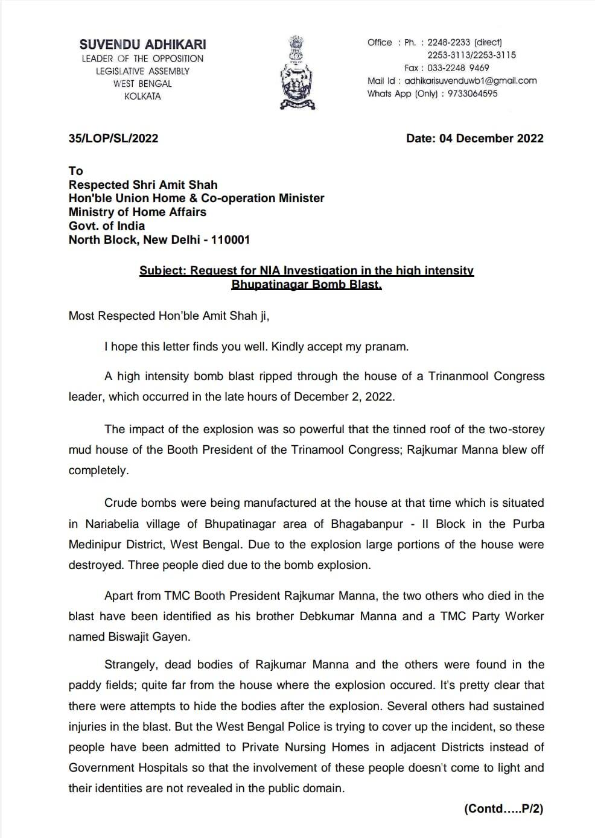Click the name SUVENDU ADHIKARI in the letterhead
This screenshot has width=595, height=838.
pyautogui.click(x=142, y=44)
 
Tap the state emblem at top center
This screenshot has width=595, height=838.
pyautogui.click(x=297, y=72)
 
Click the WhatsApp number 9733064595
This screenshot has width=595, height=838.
pyautogui.click(x=472, y=94)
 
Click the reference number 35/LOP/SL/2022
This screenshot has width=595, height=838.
pyautogui.click(x=113, y=138)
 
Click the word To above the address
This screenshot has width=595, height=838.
pyautogui.click(x=75, y=171)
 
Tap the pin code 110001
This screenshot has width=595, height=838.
pyautogui.click(x=232, y=240)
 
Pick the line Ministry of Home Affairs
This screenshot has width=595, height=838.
pyautogui.click(x=138, y=212)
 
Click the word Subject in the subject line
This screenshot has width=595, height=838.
pyautogui.click(x=163, y=270)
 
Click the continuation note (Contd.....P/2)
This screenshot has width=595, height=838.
pyautogui.click(x=503, y=809)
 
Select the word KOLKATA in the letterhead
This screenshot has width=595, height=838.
pyautogui.click(x=142, y=97)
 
